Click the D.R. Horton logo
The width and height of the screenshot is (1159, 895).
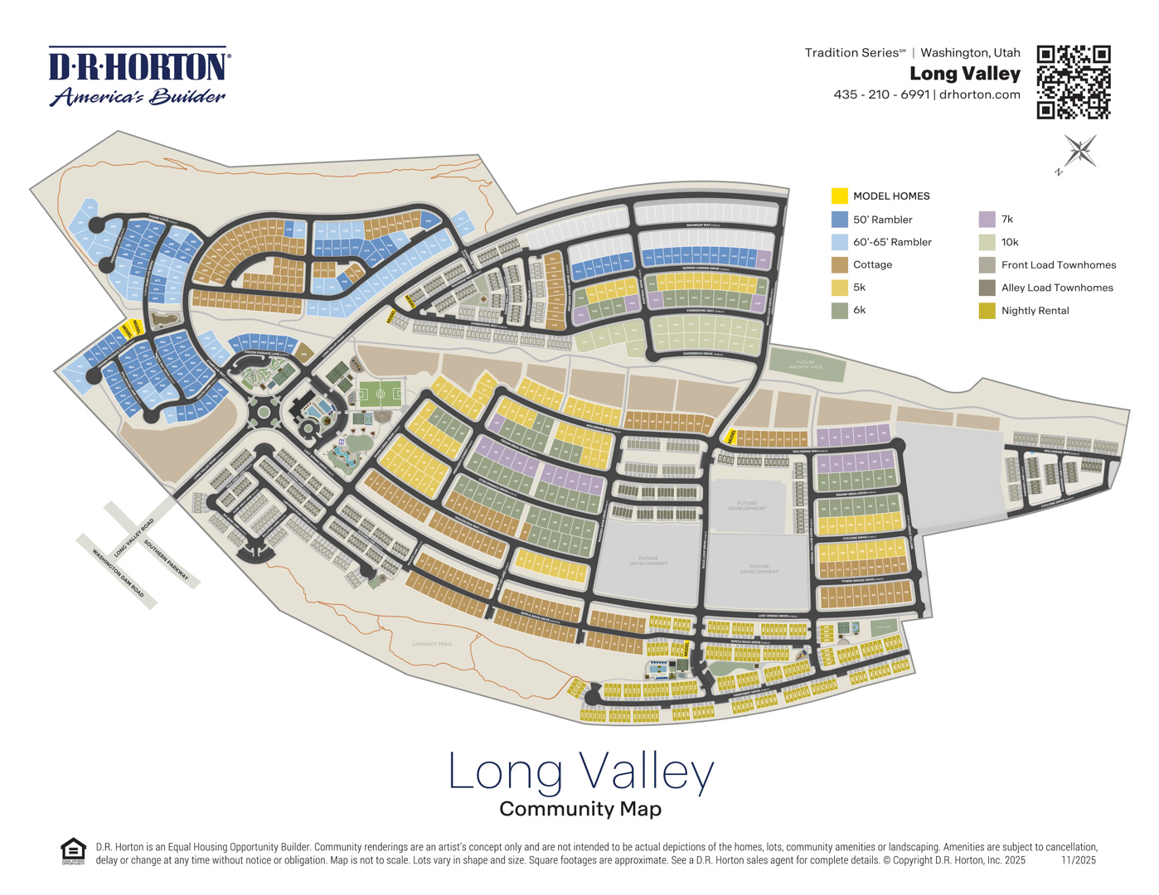(x=138, y=76)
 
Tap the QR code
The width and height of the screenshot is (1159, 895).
(x=1073, y=82)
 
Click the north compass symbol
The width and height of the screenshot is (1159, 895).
(x=1079, y=153)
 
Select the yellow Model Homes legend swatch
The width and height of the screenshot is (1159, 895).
(x=839, y=196)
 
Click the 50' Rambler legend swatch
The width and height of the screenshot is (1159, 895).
(x=839, y=219)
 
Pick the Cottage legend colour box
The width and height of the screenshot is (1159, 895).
(x=839, y=264)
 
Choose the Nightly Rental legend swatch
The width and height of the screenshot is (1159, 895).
(x=987, y=311)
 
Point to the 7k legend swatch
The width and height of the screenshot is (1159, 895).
(x=987, y=219)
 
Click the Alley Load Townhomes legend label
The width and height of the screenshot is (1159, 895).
(x=1056, y=288)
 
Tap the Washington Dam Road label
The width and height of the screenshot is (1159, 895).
(x=118, y=572)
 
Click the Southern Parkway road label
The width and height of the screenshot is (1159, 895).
(x=167, y=560)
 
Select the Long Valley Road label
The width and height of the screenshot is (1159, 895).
(x=134, y=537)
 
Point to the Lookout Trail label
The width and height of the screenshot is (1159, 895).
(x=432, y=644)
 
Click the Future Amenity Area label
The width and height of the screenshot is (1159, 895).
(x=805, y=365)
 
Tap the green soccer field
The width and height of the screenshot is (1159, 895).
(x=381, y=394)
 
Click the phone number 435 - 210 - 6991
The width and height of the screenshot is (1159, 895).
(x=881, y=94)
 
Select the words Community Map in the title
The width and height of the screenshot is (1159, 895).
(x=579, y=809)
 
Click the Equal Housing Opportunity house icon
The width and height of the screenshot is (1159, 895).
(x=73, y=851)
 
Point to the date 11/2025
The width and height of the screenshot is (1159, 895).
(x=1078, y=860)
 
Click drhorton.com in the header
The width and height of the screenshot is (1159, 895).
(x=979, y=94)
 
